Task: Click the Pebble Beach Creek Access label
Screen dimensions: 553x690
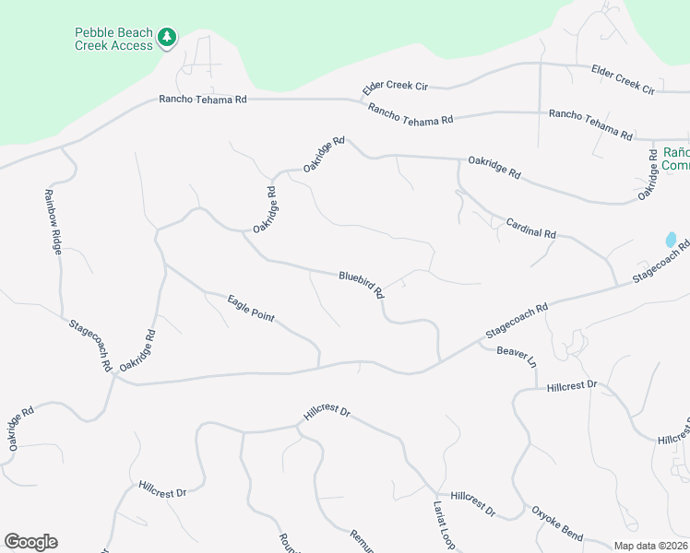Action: click(113, 39)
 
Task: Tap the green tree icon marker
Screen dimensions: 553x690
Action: click(167, 38)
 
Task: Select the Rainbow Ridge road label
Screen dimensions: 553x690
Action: click(53, 222)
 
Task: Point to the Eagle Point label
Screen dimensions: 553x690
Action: click(251, 308)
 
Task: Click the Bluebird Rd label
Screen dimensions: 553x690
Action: click(361, 283)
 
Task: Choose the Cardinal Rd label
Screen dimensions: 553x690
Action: click(530, 228)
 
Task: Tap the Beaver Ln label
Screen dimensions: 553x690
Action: click(517, 355)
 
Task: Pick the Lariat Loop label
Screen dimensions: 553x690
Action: click(444, 526)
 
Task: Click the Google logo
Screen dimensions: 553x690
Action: click(30, 542)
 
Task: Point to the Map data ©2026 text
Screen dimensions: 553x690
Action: click(650, 546)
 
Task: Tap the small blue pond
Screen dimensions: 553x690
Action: click(671, 240)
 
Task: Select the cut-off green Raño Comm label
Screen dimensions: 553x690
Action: click(675, 159)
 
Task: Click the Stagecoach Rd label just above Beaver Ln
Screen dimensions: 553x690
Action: click(517, 320)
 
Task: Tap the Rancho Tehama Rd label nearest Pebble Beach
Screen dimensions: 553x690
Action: click(203, 99)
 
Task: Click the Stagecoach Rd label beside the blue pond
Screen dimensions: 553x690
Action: click(660, 263)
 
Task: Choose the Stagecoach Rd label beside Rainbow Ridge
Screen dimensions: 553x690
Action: click(90, 345)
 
